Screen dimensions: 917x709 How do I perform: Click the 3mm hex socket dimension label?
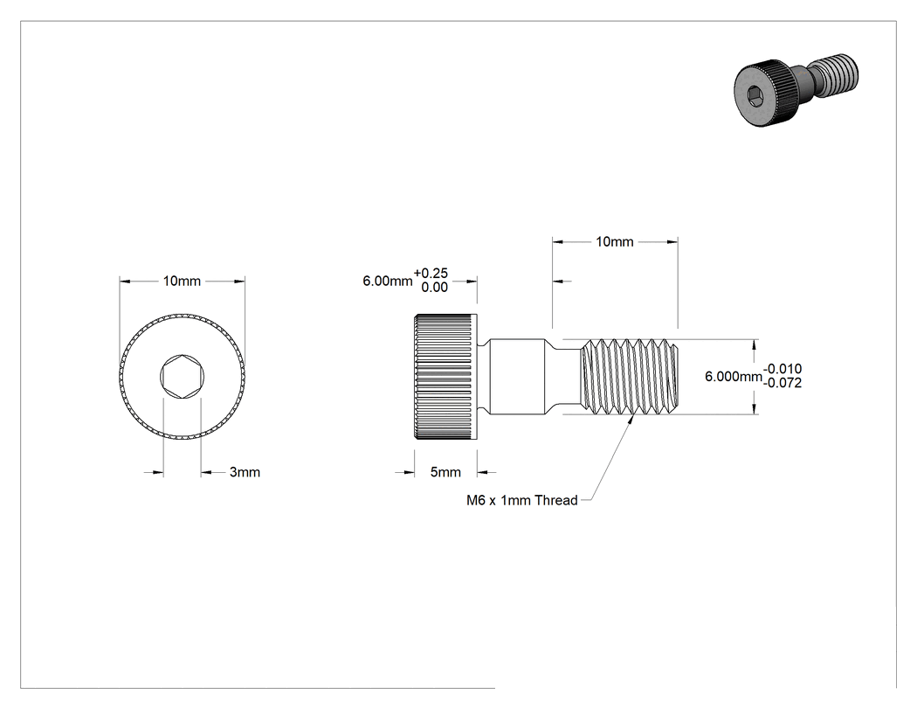click(x=245, y=472)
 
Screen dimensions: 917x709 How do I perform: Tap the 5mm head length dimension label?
click(x=445, y=472)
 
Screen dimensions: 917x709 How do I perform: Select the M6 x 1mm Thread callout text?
click(x=521, y=500)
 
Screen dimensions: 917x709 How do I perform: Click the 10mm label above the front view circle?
click(x=182, y=281)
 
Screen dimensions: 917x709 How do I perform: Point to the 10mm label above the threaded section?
click(x=615, y=242)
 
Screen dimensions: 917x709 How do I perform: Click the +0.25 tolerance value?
click(x=431, y=274)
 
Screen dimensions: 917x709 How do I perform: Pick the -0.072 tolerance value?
click(x=783, y=383)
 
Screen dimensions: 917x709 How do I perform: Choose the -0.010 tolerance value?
click(x=783, y=369)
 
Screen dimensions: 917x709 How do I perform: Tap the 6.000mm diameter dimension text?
click(x=734, y=377)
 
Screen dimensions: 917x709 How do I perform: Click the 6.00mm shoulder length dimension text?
click(x=388, y=281)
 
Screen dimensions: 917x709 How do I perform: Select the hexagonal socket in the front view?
click(x=182, y=377)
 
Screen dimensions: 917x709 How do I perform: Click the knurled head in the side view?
click(x=445, y=377)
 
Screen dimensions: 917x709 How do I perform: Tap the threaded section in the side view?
click(x=631, y=377)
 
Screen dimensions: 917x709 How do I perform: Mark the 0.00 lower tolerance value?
click(x=435, y=288)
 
